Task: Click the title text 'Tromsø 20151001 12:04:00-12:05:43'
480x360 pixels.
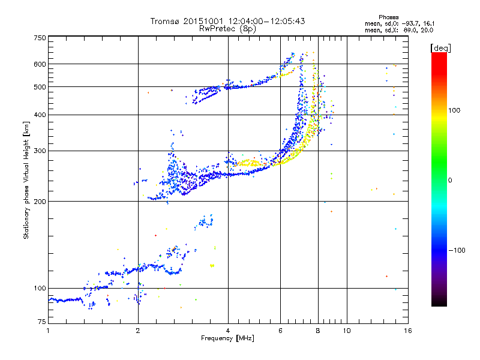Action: [227, 21]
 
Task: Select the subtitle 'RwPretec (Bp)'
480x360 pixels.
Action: [227, 28]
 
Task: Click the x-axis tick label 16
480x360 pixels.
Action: [407, 331]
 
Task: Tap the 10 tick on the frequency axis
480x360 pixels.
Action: [346, 331]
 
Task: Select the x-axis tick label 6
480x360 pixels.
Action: [280, 331]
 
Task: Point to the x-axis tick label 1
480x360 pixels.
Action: [48, 331]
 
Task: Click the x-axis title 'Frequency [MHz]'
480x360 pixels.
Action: [227, 338]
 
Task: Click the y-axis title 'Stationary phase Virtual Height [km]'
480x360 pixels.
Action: [26, 180]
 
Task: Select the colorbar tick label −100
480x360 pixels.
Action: [457, 250]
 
